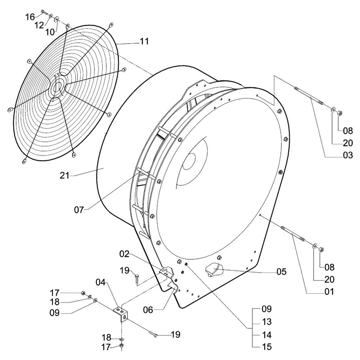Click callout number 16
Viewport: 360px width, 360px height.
[30, 17]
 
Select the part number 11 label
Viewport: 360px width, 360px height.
[144, 42]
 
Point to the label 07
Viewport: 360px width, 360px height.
[79, 210]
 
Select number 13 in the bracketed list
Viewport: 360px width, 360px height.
[267, 322]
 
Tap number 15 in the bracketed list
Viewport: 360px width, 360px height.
[267, 348]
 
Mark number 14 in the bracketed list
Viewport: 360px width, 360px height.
[267, 335]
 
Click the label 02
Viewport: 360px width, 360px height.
[125, 254]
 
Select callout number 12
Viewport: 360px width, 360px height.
[39, 25]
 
